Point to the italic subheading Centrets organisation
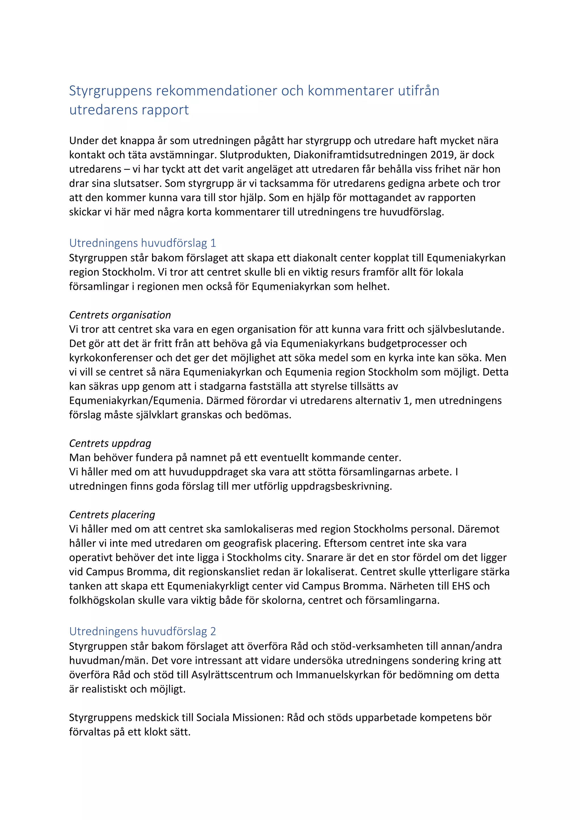120,315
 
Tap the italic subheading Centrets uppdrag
110,443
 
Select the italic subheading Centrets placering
112,515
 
